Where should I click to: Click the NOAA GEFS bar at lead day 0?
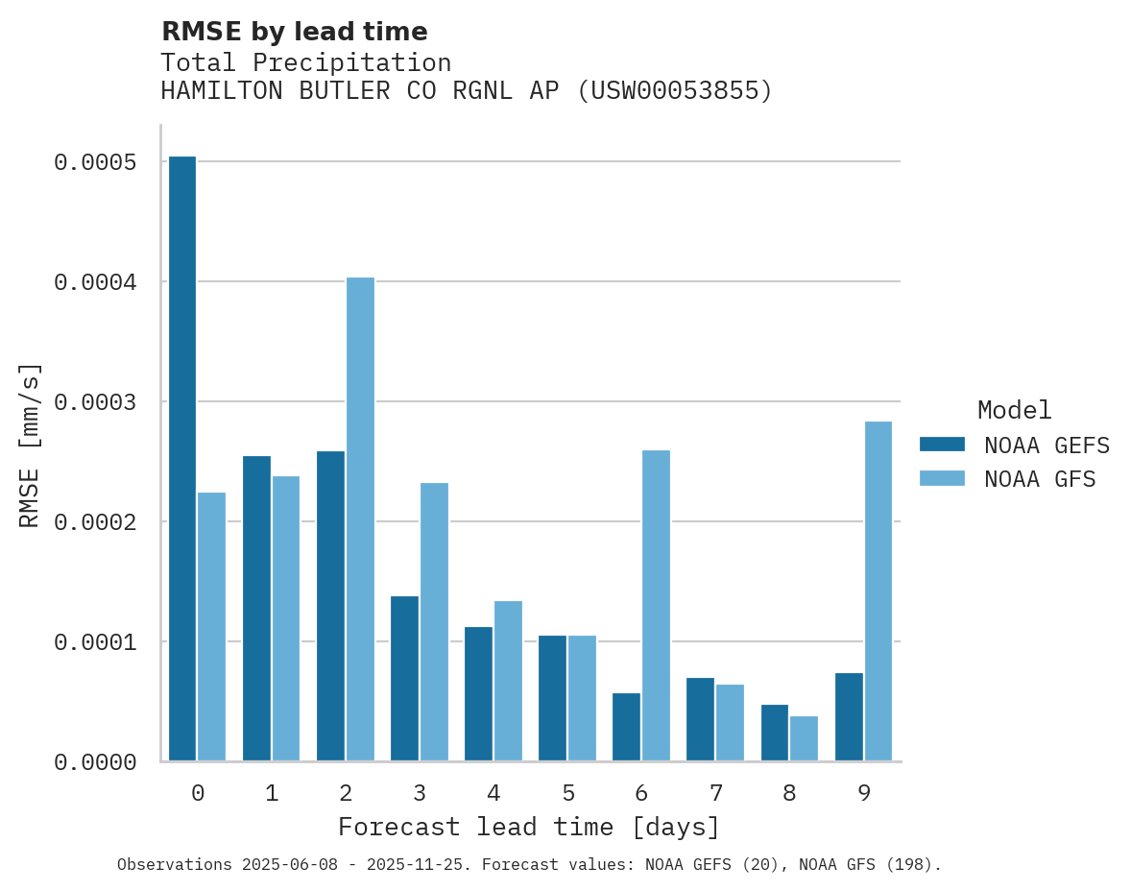point(182,458)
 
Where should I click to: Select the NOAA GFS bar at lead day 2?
point(360,518)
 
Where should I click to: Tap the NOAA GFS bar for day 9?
point(878,590)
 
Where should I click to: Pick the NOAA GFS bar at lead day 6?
point(656,605)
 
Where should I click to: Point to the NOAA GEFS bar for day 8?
point(775,733)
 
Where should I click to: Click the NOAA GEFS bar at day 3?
point(404,678)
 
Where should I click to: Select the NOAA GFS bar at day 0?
point(211,626)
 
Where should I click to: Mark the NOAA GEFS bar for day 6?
point(626,727)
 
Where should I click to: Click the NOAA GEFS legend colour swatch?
point(942,445)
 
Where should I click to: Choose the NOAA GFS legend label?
point(1040,478)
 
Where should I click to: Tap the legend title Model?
point(1015,410)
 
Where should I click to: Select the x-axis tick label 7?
point(716,793)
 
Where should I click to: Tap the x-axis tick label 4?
point(493,793)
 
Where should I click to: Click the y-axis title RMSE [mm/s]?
point(30,445)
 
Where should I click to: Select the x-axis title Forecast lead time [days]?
point(529,827)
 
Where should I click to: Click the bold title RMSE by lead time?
point(294,32)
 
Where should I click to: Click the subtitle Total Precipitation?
point(305,62)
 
